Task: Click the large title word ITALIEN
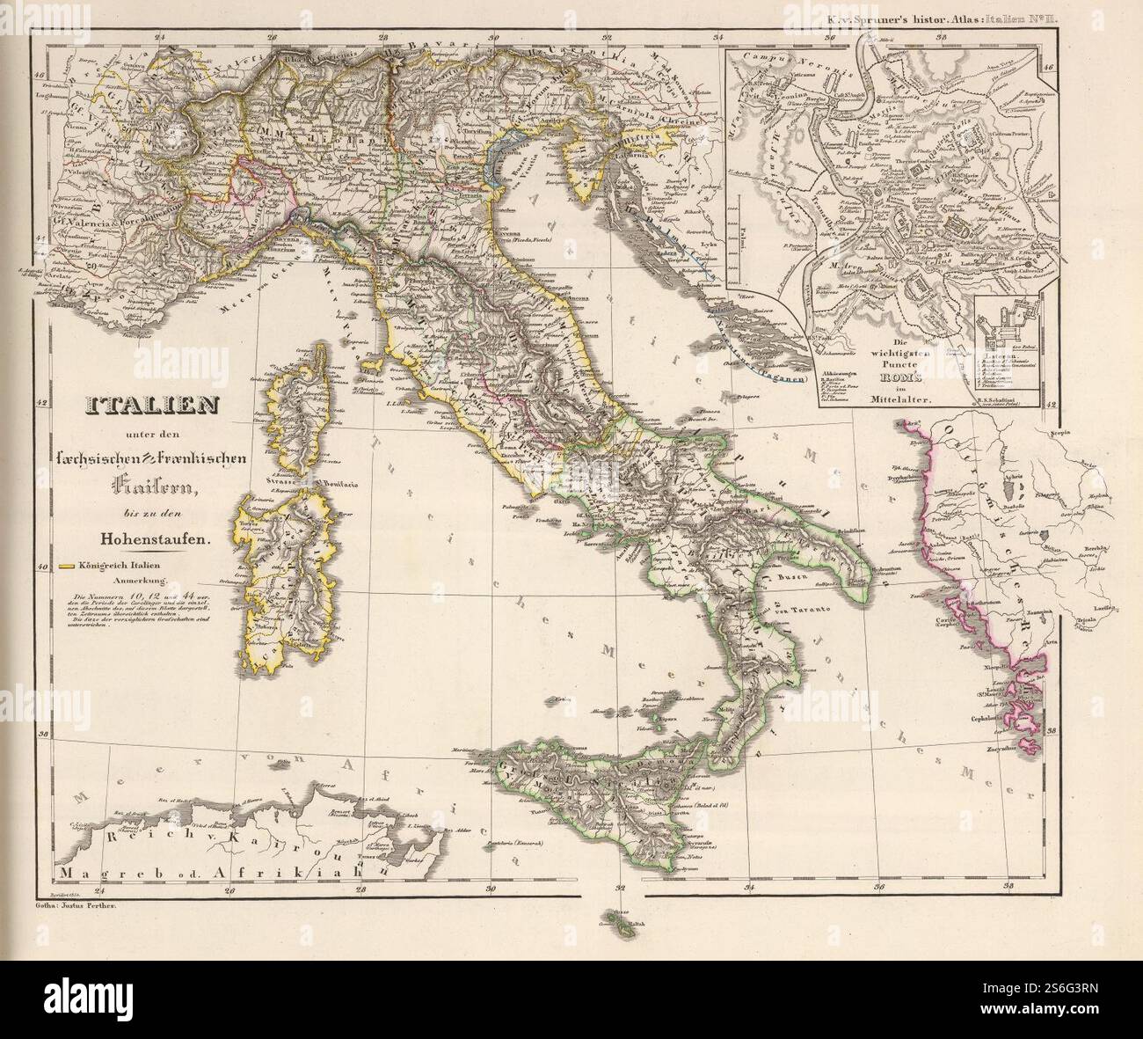[x=141, y=406]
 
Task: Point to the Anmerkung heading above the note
[x=137, y=581]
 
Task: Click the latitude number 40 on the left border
[x=40, y=567]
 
